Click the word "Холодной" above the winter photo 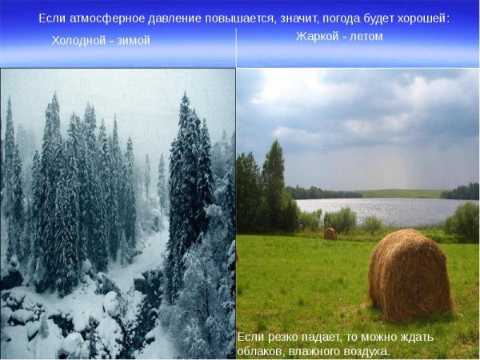[78, 40]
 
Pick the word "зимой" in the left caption [133, 40]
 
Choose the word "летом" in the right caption [366, 36]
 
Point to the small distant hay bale [330, 234]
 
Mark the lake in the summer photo [376, 210]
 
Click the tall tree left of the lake [273, 180]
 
